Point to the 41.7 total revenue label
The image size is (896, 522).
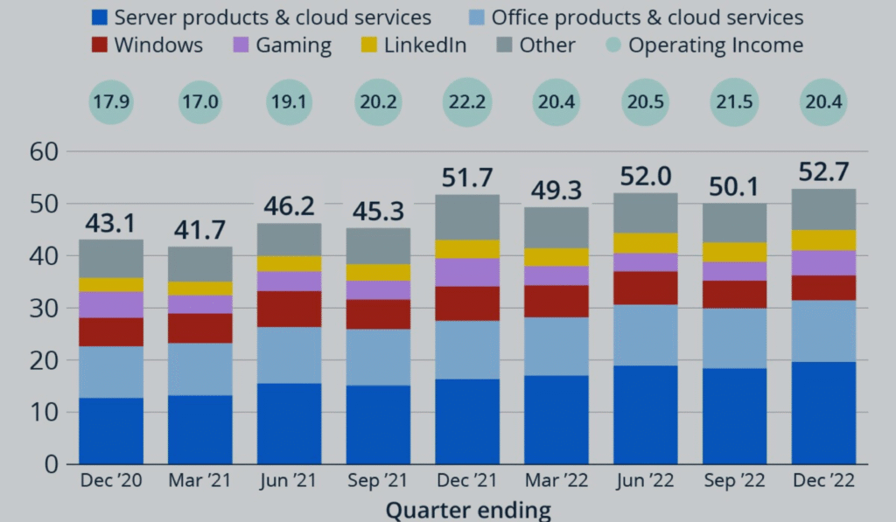[199, 231]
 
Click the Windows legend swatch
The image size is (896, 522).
[101, 45]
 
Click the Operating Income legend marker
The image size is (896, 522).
[613, 45]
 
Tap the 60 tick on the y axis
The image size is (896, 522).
[44, 152]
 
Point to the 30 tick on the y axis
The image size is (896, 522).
[44, 309]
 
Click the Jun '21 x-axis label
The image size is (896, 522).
[289, 482]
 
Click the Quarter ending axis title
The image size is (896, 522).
[468, 509]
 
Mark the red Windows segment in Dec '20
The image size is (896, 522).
[111, 331]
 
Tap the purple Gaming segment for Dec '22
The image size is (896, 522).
[824, 262]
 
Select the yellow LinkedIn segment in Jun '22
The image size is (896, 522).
[646, 243]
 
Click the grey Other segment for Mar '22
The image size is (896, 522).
[556, 227]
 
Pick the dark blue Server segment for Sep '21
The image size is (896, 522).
[378, 424]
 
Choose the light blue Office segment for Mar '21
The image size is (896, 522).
[199, 369]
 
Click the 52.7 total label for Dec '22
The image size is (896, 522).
[824, 172]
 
